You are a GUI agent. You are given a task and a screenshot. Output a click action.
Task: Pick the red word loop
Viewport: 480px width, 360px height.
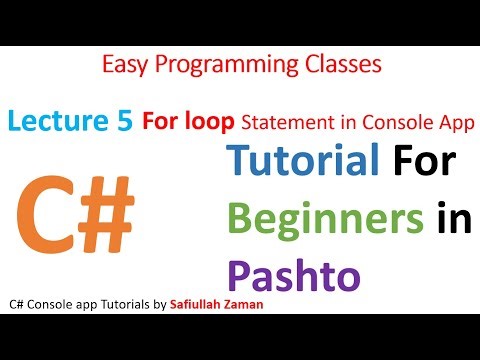[x=214, y=121]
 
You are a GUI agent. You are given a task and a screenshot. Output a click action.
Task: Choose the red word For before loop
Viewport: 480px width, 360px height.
[x=167, y=121]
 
